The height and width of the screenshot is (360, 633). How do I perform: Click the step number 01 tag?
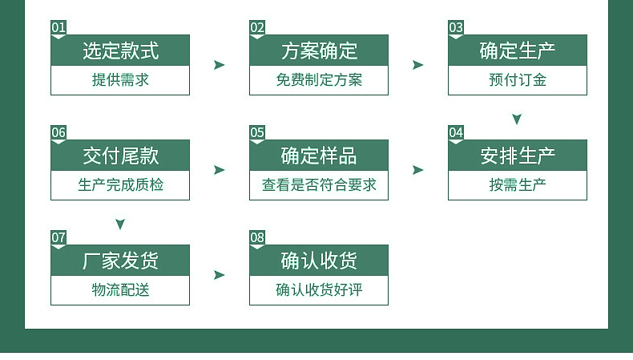(x=58, y=28)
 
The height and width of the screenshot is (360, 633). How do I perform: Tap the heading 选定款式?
(x=120, y=51)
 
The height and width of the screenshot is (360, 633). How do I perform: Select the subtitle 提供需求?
(x=120, y=80)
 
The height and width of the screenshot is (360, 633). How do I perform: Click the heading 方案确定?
(x=319, y=51)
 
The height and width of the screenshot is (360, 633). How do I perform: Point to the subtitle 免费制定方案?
(x=319, y=80)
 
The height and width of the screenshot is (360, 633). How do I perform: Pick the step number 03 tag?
(x=456, y=28)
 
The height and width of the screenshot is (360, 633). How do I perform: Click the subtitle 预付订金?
(x=518, y=80)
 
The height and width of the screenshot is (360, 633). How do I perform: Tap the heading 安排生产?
(x=518, y=156)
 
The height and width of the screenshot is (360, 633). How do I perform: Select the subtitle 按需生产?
(x=518, y=185)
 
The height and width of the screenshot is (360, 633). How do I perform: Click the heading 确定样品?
(x=319, y=156)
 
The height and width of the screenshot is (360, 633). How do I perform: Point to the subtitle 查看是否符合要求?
(x=319, y=185)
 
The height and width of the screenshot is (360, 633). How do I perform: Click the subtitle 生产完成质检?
(x=120, y=185)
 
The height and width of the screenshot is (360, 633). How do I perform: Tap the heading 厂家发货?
(x=120, y=261)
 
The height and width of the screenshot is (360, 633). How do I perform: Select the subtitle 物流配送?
(x=120, y=290)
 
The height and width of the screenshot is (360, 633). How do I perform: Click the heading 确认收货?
(x=319, y=261)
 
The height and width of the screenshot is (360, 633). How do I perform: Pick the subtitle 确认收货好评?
(x=319, y=290)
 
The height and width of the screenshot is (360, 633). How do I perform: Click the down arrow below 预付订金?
(x=517, y=119)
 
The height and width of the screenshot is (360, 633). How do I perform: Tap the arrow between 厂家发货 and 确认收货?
(x=220, y=275)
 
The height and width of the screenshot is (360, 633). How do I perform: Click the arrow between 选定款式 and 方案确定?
(x=220, y=65)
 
